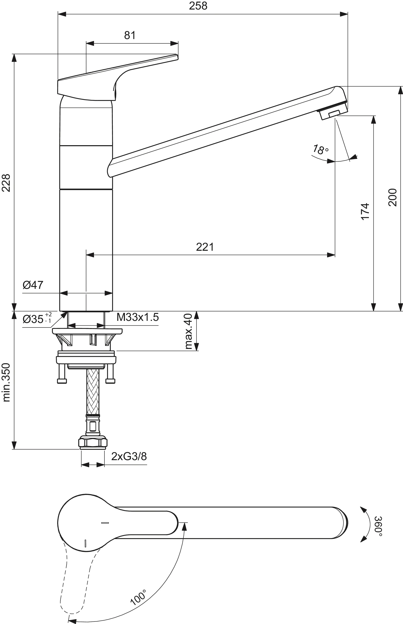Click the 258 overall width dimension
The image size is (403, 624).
198,6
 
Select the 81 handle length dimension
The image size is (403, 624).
130,35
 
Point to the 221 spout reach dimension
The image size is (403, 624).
205,247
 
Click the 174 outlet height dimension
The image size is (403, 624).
365,211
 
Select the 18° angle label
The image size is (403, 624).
320,150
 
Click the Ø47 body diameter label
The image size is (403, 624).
33,285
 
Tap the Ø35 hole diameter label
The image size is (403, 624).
37,319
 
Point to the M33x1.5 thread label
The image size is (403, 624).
138,317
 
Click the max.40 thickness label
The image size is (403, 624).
188,332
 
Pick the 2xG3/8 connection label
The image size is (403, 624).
129,456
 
